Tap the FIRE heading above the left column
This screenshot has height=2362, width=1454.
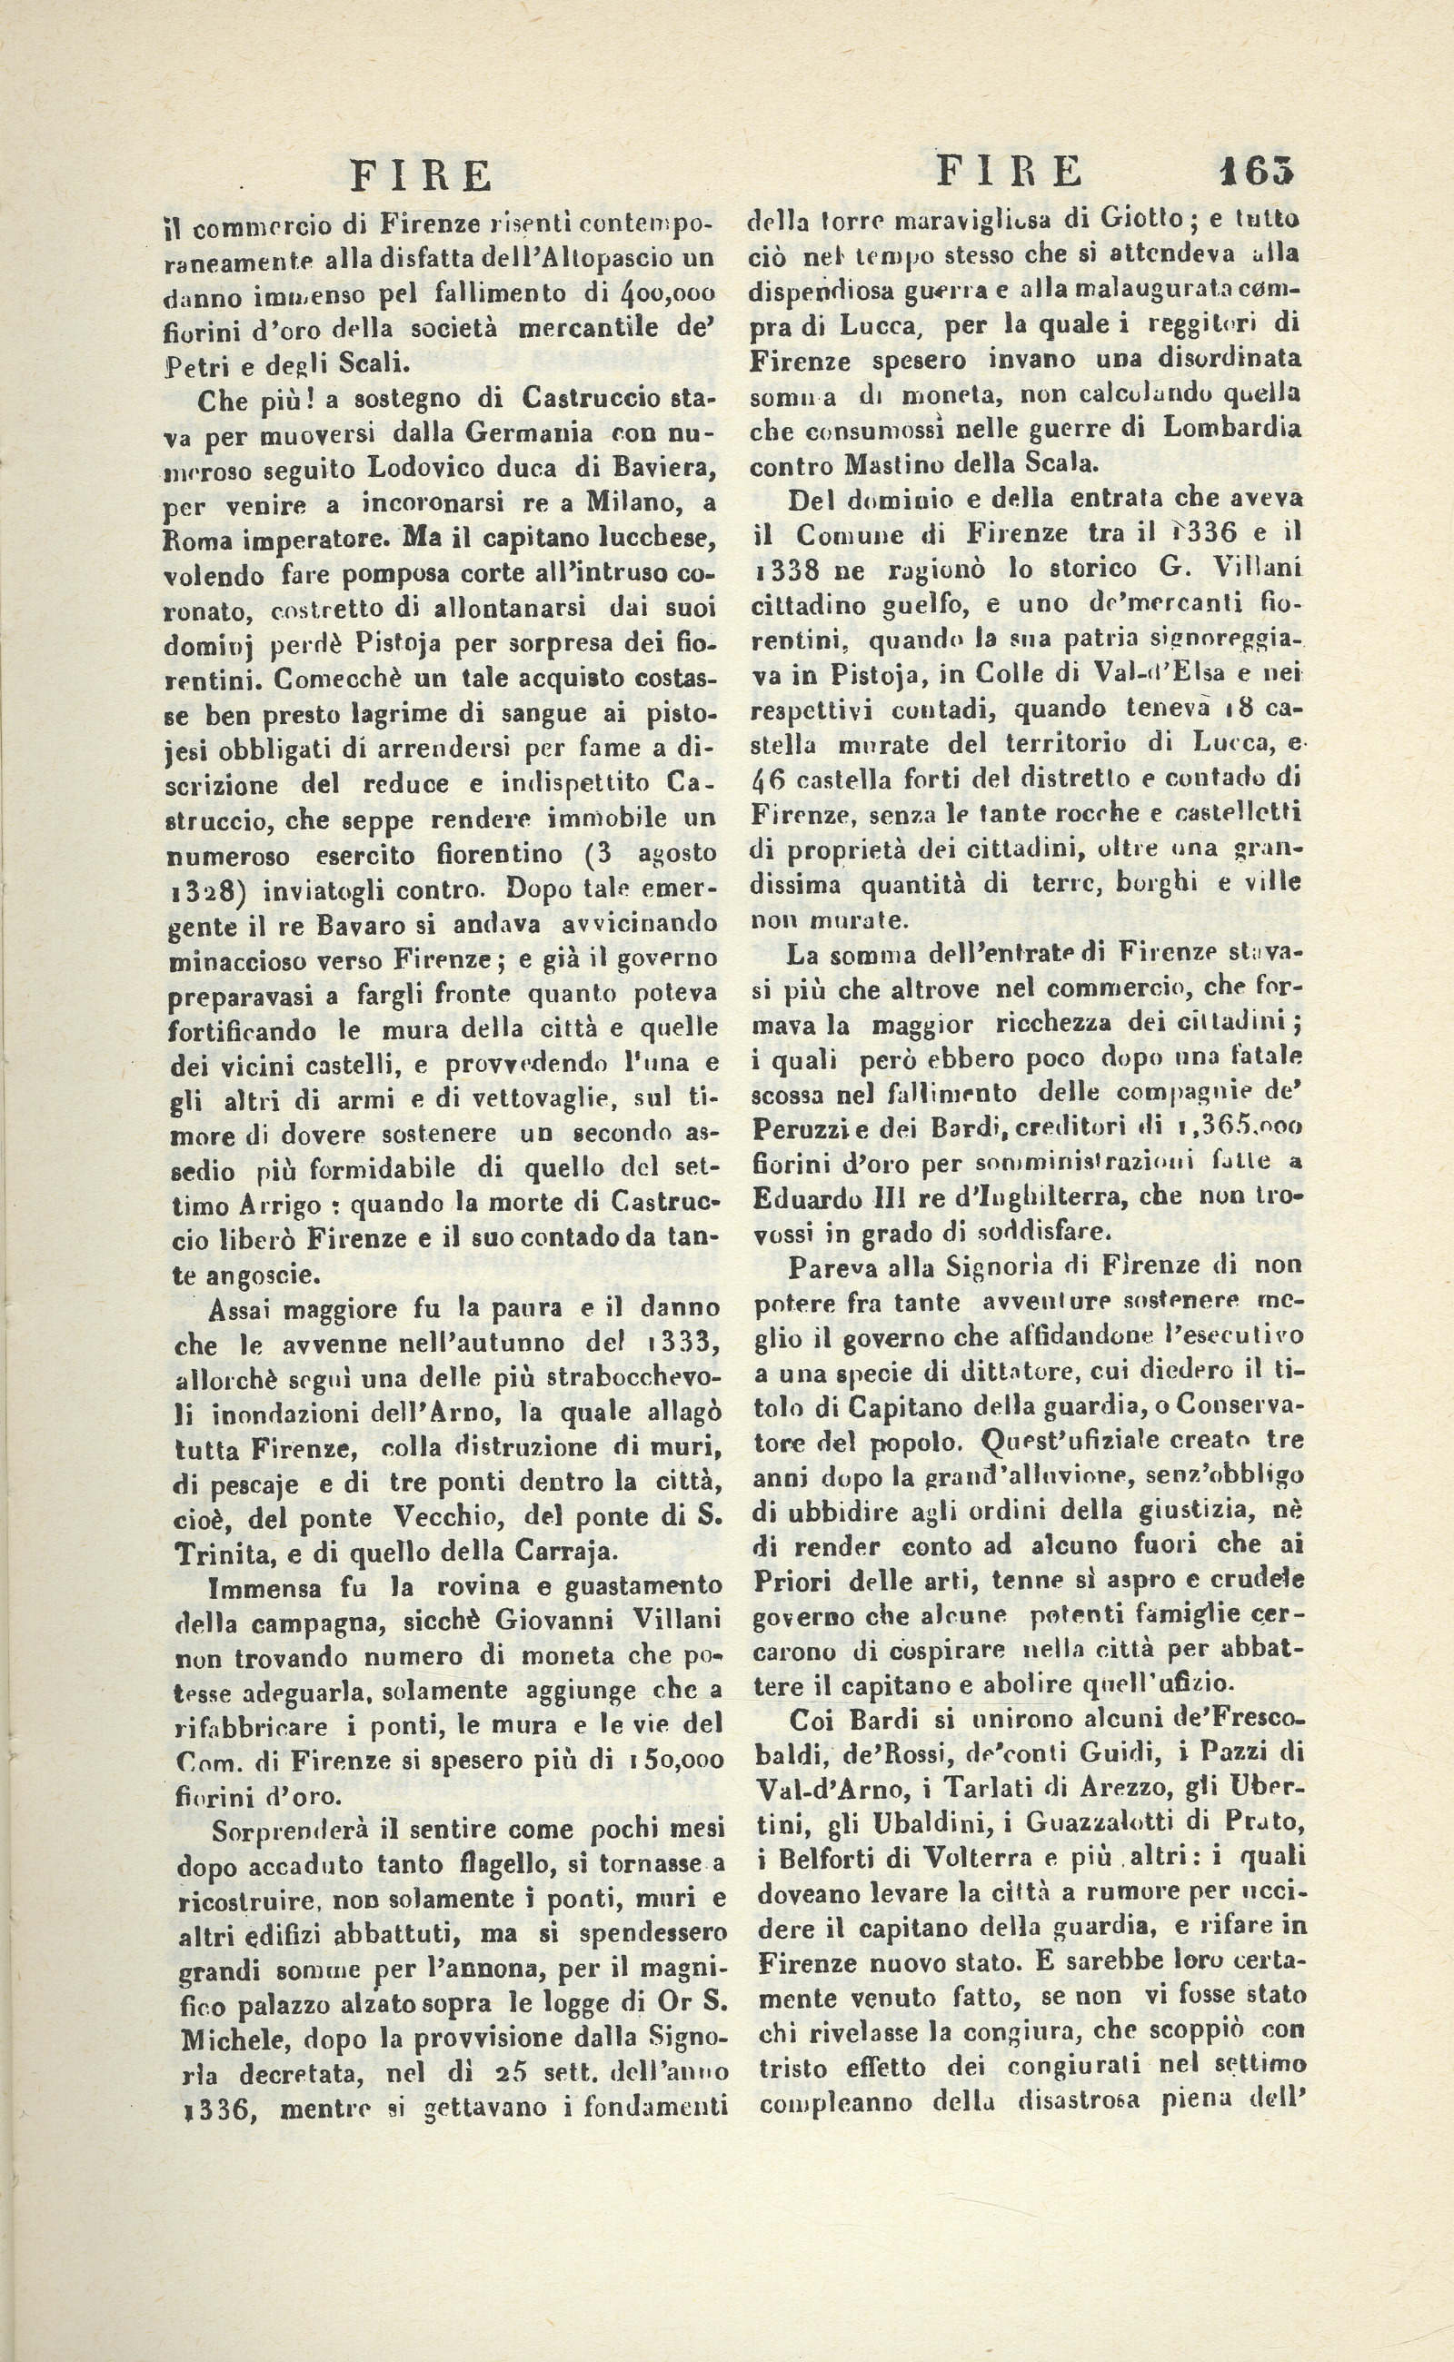point(421,177)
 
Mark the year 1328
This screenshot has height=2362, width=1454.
point(204,890)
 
